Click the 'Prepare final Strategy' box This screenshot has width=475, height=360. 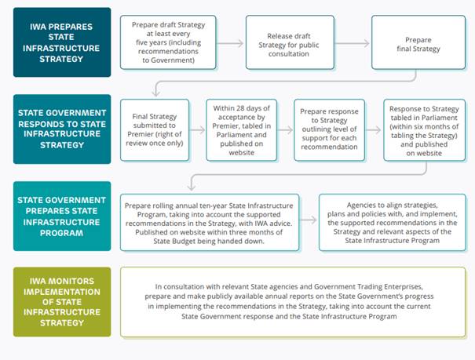tap(418, 42)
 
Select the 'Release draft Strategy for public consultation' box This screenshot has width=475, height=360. tap(290, 42)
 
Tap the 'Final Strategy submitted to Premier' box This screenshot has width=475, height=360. tap(155, 130)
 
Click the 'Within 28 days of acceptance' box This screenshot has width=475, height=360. tap(242, 130)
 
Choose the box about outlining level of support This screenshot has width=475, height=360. tap(329, 130)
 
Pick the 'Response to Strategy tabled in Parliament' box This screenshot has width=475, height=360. tap(425, 130)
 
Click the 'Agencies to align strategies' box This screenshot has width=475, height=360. tap(393, 223)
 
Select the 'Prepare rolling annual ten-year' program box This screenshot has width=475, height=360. tap(210, 223)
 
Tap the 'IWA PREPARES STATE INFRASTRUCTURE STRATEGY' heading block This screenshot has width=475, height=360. tap(62, 42)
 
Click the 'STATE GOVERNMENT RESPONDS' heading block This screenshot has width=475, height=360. tap(62, 129)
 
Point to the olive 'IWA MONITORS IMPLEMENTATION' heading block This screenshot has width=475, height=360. tap(62, 302)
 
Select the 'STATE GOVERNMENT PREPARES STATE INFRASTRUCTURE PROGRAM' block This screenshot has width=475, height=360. tap(62, 216)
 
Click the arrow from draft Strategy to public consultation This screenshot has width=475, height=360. tap(230, 43)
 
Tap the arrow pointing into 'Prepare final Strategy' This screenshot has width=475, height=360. tap(353, 43)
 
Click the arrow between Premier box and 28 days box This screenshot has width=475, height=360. tap(198, 130)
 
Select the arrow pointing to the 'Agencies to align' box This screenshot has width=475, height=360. tap(309, 220)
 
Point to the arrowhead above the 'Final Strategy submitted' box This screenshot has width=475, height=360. tap(156, 92)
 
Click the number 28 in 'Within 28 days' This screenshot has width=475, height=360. tap(237, 108)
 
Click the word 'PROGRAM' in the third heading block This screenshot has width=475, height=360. tap(61, 233)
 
